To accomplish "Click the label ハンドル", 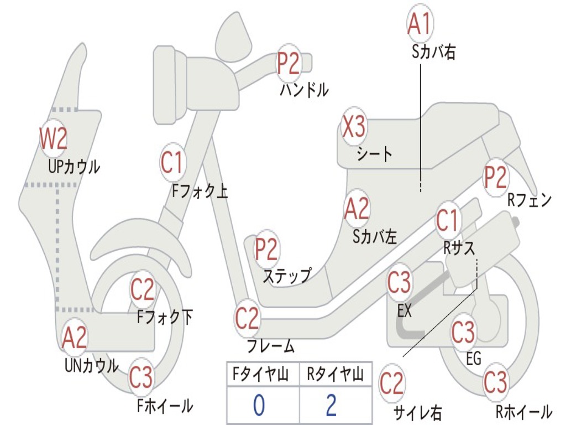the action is (x=304, y=89).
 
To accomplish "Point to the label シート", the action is (x=374, y=153).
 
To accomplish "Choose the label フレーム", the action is (x=270, y=347).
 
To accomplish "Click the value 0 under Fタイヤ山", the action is (x=259, y=406).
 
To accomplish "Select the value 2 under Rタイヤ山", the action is (x=331, y=406).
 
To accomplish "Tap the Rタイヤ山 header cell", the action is (x=335, y=376).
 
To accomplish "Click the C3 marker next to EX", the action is (x=399, y=283).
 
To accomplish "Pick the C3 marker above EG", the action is (x=463, y=332).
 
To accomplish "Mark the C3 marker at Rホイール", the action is (x=495, y=382).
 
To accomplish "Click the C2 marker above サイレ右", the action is (x=392, y=383).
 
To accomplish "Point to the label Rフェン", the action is (x=530, y=200).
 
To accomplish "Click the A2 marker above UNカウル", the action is (x=75, y=338).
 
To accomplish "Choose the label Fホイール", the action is (x=165, y=406).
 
